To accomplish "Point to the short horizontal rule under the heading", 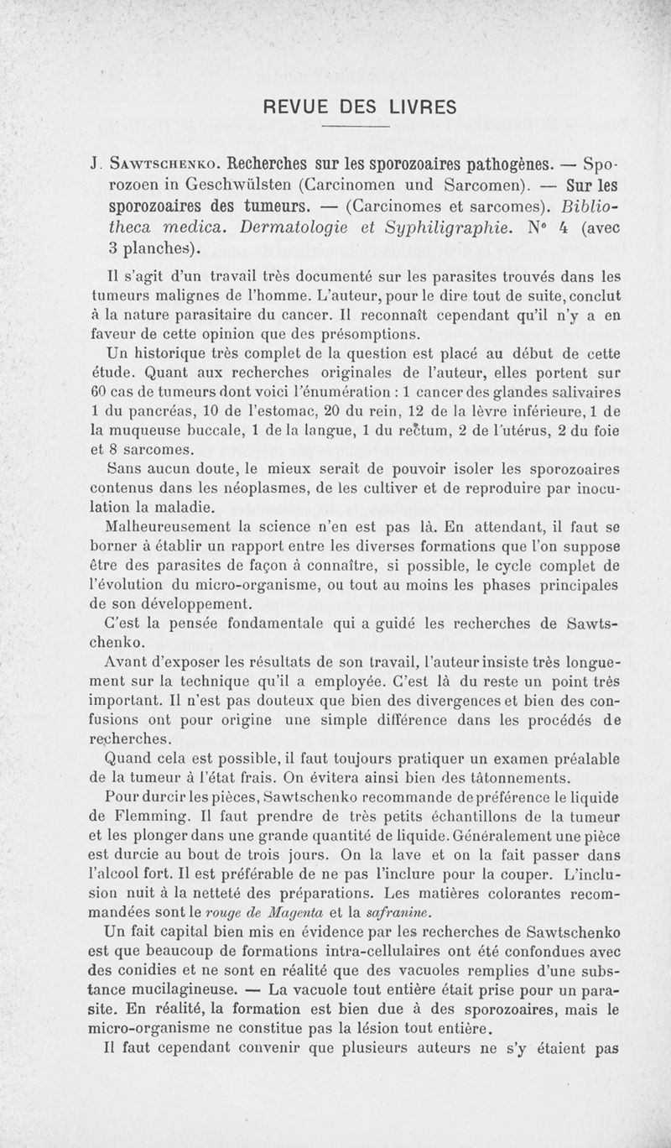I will click(356, 127).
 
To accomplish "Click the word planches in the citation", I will click(159, 248).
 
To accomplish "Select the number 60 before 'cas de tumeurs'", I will click(100, 391).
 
